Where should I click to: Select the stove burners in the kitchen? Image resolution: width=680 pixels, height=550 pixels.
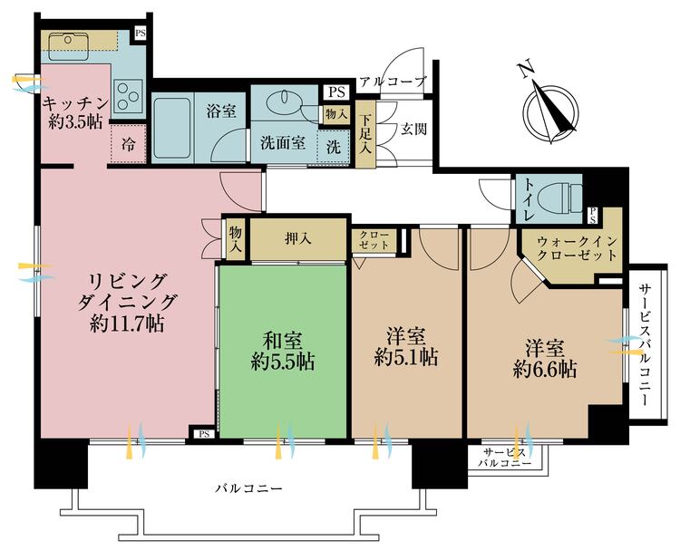127,93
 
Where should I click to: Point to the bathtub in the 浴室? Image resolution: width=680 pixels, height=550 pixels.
172,127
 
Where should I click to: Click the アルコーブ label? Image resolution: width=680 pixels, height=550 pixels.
392,82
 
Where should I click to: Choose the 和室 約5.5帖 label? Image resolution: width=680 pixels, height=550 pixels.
283,349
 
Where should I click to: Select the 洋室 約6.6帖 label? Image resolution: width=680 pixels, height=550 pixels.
543,358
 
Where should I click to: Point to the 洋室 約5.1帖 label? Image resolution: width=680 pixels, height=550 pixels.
407,345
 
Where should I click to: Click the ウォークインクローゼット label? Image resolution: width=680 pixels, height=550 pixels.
577,249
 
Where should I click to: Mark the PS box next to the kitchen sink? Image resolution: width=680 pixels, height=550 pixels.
141,34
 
